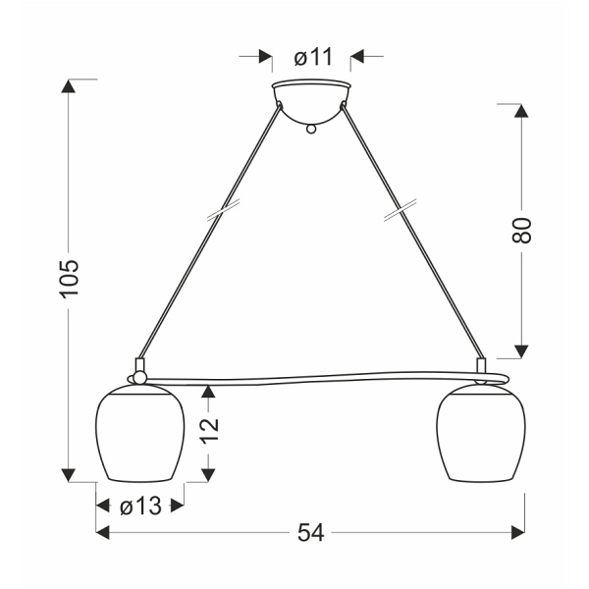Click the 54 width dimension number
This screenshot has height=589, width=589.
(310, 533)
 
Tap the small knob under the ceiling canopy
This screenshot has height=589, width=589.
(311, 127)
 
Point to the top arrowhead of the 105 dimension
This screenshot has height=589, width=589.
(68, 85)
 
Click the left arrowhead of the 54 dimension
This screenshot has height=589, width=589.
(103, 533)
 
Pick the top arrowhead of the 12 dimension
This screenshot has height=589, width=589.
(207, 393)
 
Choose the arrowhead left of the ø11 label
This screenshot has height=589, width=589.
(264, 56)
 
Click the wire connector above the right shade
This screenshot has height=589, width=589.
(481, 367)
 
